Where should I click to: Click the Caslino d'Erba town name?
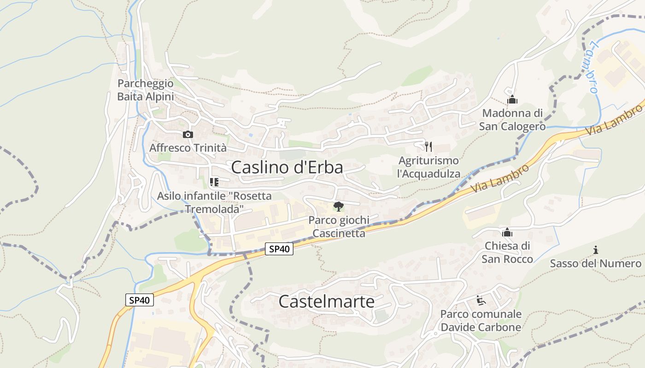(287, 167)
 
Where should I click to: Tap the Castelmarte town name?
(327, 302)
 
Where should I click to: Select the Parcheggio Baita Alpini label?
(146, 90)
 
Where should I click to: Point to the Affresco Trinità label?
(188, 148)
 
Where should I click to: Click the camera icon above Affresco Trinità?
(188, 134)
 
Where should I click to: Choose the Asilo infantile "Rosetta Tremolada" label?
(214, 202)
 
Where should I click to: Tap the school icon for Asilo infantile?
(214, 182)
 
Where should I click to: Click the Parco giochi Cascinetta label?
(339, 227)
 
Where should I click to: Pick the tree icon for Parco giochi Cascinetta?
(339, 206)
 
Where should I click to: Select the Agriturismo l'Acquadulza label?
(429, 167)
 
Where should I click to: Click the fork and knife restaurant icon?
(428, 147)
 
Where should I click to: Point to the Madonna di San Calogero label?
(512, 120)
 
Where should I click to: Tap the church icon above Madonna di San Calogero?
(512, 99)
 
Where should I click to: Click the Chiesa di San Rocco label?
(507, 253)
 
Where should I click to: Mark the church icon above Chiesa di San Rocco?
(507, 232)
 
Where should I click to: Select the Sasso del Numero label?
(596, 264)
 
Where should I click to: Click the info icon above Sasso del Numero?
(596, 250)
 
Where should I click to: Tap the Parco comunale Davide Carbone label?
(481, 321)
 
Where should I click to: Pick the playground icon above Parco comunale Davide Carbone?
(481, 300)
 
